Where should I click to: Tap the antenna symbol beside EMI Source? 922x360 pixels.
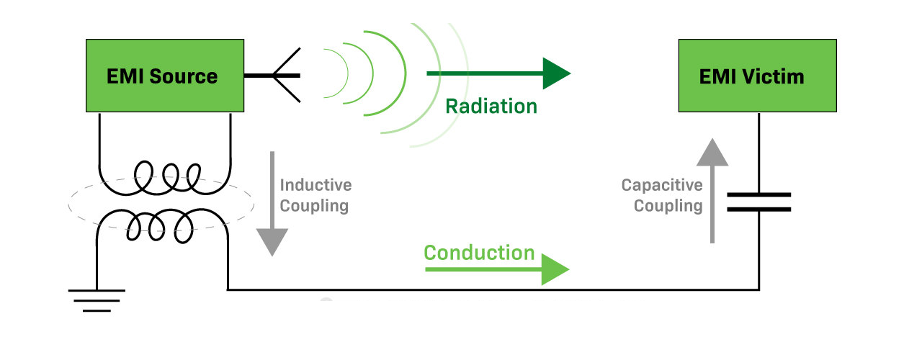point(281,76)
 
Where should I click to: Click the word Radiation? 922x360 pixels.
point(491,107)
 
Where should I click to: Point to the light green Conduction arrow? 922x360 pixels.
point(497,269)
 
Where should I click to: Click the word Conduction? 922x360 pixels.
point(479,253)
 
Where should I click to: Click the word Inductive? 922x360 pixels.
point(315,185)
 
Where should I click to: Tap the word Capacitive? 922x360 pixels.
point(662,185)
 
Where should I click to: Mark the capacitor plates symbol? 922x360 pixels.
point(758,202)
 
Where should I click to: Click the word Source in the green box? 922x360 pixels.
point(184,76)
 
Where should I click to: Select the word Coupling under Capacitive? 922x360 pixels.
point(668,206)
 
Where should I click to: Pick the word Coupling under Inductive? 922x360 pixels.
point(314,206)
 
